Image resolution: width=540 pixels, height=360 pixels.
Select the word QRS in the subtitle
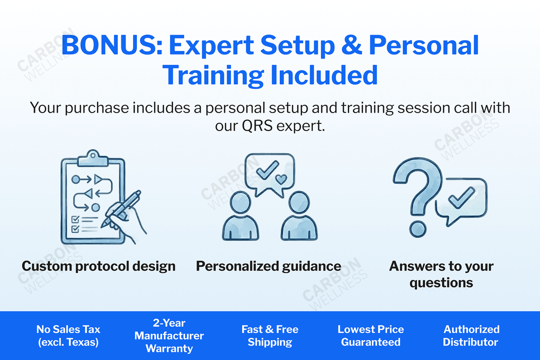click(257, 125)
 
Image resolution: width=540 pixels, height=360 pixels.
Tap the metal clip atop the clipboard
click(92, 157)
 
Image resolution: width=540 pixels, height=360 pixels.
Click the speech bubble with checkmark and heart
click(270, 175)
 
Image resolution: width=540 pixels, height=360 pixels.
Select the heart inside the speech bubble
click(281, 179)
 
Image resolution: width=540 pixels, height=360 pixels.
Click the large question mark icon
click(415, 185)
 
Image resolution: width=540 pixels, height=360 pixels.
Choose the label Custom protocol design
click(99, 266)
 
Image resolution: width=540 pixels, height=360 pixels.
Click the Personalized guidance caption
click(268, 266)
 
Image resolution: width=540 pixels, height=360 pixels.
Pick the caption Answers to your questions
click(441, 274)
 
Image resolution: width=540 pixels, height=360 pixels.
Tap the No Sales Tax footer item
click(68, 335)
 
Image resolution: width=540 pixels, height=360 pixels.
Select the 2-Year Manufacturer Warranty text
click(169, 335)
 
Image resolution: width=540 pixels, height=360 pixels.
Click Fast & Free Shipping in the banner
click(270, 335)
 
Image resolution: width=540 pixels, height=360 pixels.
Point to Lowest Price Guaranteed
click(371, 335)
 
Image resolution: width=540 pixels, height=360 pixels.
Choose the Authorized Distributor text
click(471, 335)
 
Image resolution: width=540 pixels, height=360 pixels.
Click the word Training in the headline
click(213, 75)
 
